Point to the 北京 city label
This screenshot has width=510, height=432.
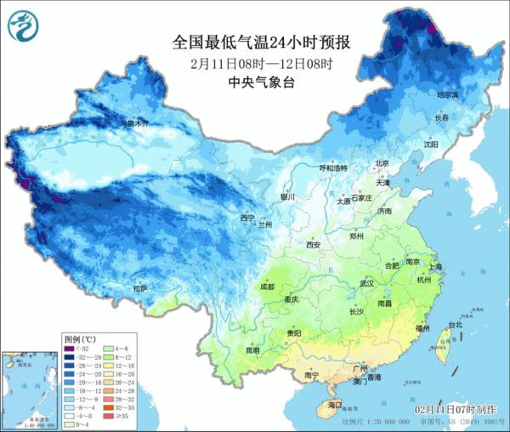(x=382, y=163)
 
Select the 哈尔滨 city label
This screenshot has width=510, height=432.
(x=447, y=95)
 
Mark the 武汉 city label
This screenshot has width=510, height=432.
(x=367, y=283)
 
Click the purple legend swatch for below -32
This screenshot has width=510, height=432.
(x=71, y=349)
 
